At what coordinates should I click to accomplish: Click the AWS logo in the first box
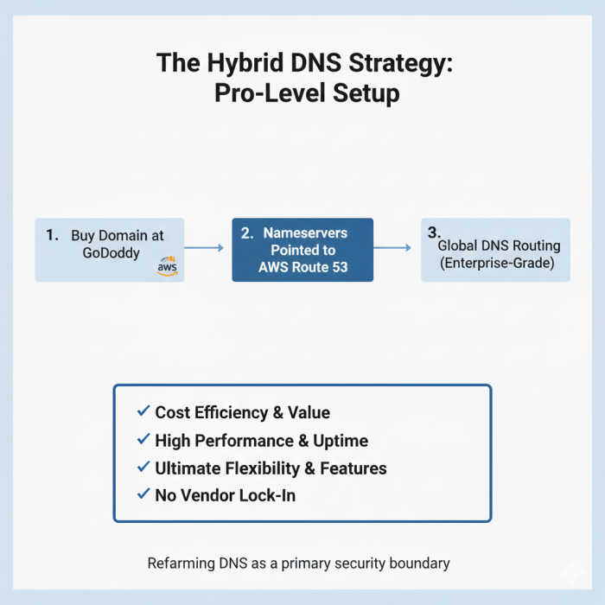pyautogui.click(x=168, y=268)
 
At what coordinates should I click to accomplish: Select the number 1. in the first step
pyautogui.click(x=52, y=234)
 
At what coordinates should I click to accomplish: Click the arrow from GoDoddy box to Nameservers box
pyautogui.click(x=204, y=249)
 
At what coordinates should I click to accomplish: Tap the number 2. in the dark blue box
pyautogui.click(x=246, y=232)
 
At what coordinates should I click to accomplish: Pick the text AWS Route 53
pyautogui.click(x=302, y=267)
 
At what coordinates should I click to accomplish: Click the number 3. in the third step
pyautogui.click(x=434, y=232)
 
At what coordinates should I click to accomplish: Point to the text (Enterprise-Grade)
pyautogui.click(x=495, y=263)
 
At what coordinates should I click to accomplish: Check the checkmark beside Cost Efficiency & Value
pyautogui.click(x=143, y=411)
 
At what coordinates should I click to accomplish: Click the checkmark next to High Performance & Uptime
pyautogui.click(x=143, y=439)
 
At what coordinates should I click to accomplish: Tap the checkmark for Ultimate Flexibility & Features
pyautogui.click(x=143, y=467)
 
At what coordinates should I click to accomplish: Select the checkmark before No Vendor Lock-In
pyautogui.click(x=143, y=494)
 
